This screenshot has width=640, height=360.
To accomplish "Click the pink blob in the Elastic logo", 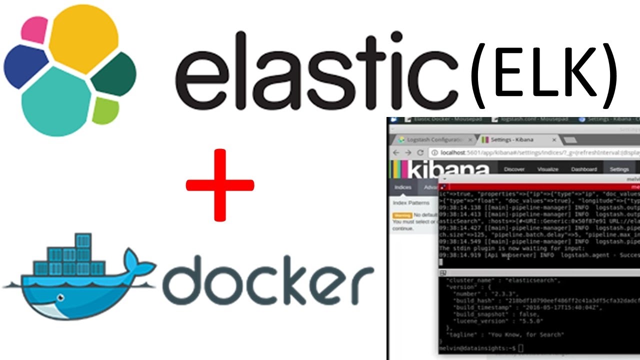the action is [34, 29].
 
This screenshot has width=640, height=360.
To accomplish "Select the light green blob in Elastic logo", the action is [105, 110].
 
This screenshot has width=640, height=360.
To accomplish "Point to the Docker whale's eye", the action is [61, 298].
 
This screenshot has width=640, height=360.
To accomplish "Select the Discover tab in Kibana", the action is [514, 169].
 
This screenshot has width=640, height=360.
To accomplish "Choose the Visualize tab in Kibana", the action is [547, 169].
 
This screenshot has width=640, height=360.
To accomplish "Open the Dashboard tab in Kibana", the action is [584, 169].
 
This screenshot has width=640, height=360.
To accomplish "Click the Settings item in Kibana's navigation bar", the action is [619, 169].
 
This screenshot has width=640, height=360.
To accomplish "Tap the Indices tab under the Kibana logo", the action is [402, 187].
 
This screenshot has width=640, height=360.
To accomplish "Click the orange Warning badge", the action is [402, 215].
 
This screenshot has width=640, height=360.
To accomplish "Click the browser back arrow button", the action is [396, 152].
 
